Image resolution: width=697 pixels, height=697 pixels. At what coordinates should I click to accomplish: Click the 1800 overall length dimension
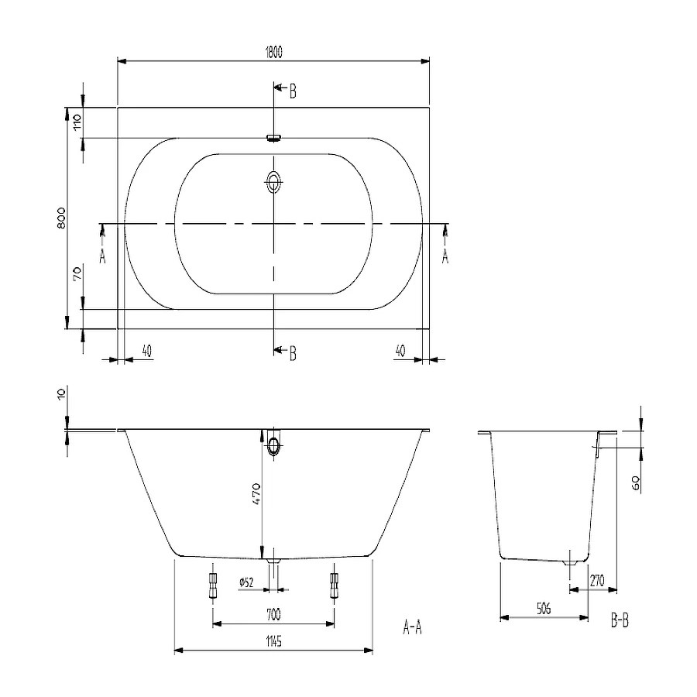pyautogui.click(x=273, y=52)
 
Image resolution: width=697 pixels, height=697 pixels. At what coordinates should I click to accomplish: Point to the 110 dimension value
pyautogui.click(x=77, y=122)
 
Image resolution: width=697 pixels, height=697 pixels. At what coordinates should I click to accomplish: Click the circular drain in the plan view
pyautogui.click(x=274, y=184)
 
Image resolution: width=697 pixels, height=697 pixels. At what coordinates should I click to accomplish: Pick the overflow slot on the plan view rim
pyautogui.click(x=273, y=139)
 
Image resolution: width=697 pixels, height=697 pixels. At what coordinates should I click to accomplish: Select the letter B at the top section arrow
pyautogui.click(x=293, y=92)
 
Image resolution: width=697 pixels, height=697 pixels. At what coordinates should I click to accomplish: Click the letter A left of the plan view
pyautogui.click(x=102, y=256)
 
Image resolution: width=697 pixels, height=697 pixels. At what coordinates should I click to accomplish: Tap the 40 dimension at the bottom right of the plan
pyautogui.click(x=400, y=351)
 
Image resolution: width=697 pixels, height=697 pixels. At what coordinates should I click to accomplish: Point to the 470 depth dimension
pyautogui.click(x=256, y=493)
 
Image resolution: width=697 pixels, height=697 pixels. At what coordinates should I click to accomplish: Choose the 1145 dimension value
pyautogui.click(x=273, y=641)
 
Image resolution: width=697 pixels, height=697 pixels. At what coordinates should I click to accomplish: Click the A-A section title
pyautogui.click(x=412, y=627)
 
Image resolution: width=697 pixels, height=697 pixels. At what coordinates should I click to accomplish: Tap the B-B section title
pyautogui.click(x=620, y=622)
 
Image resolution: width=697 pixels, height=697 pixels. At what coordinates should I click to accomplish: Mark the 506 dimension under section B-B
pyautogui.click(x=543, y=609)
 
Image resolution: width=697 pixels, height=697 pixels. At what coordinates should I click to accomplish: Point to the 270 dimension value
pyautogui.click(x=597, y=581)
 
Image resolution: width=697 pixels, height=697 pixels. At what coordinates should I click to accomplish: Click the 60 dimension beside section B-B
pyautogui.click(x=634, y=483)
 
